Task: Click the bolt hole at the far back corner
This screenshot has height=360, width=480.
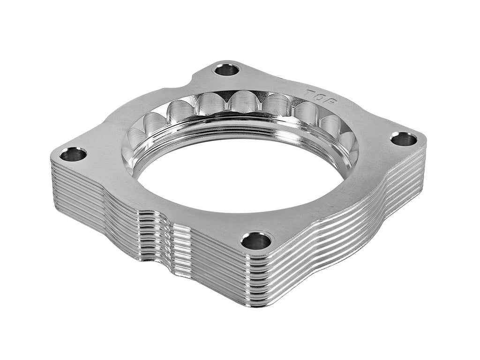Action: coord(227,70)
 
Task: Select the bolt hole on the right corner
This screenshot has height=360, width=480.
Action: coord(404,139)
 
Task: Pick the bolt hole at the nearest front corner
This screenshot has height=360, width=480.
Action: coord(256,241)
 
